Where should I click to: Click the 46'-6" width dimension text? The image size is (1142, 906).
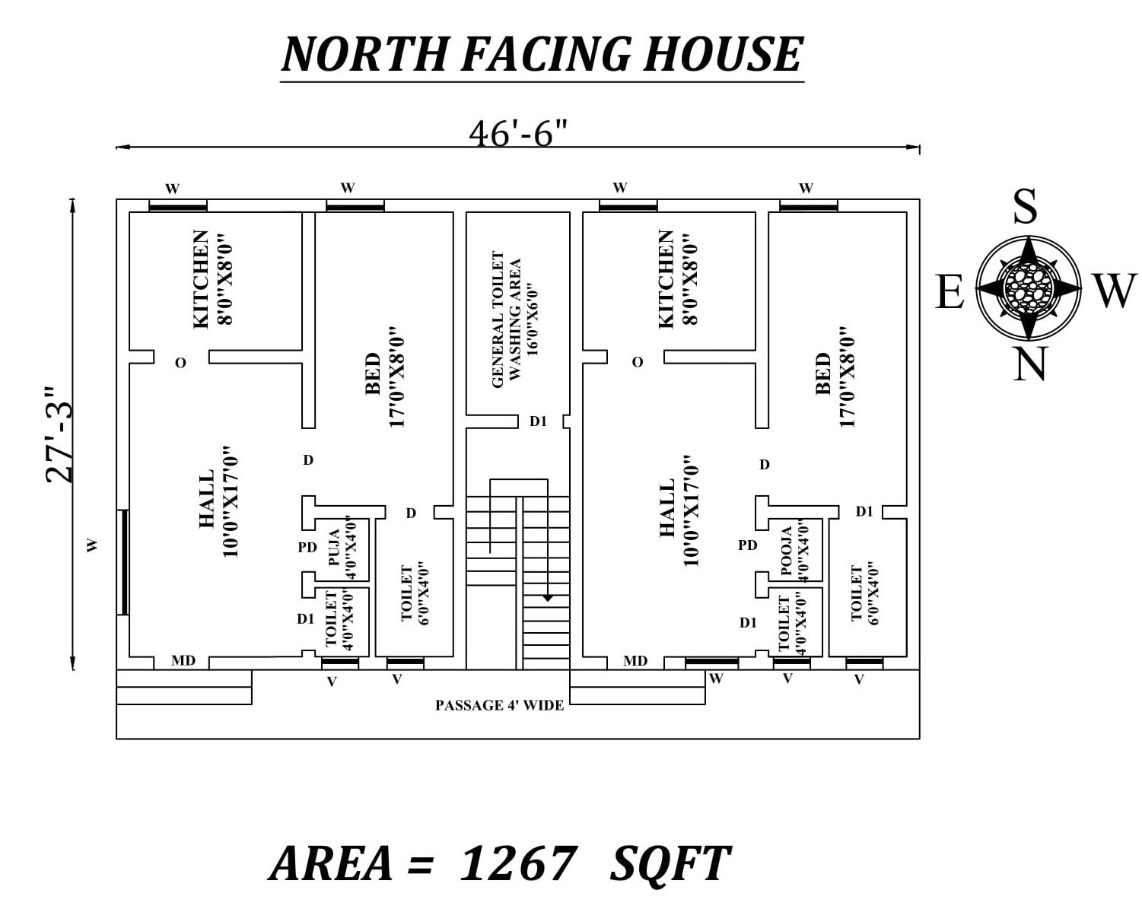[x=518, y=134]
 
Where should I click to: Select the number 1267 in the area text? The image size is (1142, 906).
[x=517, y=863]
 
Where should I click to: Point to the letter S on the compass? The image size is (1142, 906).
[x=1025, y=206]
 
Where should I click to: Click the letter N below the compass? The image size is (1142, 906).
[x=1029, y=364]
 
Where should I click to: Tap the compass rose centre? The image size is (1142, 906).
[x=1029, y=288]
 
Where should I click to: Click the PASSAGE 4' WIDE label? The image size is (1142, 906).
[x=499, y=706]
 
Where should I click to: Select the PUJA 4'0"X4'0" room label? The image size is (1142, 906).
[x=342, y=548]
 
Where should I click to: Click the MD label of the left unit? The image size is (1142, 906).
[x=183, y=661]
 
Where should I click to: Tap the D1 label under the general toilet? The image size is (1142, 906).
[x=538, y=421]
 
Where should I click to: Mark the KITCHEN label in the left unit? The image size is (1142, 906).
[x=212, y=278]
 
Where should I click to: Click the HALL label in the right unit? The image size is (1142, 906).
[x=679, y=511]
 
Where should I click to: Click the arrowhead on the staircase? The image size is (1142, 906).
[x=547, y=599]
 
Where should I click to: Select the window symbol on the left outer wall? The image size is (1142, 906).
[x=123, y=561]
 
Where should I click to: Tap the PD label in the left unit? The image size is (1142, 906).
[x=307, y=547]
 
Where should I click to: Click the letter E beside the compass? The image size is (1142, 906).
[x=949, y=292]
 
